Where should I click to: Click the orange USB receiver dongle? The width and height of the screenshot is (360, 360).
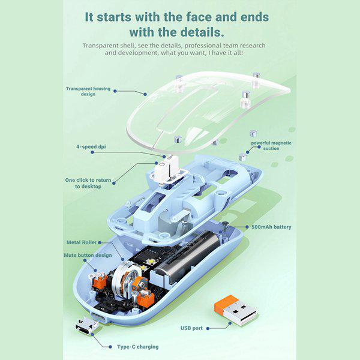235,310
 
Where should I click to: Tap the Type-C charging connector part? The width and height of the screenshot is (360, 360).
87,325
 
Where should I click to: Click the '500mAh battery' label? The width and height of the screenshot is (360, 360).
271,227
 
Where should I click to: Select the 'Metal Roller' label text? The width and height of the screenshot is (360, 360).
82,242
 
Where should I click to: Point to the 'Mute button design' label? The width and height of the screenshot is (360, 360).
88,256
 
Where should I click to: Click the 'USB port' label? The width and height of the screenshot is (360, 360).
191,328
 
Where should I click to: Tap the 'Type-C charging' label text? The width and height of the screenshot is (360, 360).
138,347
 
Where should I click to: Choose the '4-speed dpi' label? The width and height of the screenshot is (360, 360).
91,147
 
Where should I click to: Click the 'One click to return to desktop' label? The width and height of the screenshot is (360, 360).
88,183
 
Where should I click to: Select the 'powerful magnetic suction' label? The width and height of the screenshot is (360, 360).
271,146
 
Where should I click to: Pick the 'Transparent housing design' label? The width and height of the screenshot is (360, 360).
88,91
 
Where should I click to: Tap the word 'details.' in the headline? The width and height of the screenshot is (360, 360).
202,32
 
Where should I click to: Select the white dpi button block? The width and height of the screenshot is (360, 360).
164,169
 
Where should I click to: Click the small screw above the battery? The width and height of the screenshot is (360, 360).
225,226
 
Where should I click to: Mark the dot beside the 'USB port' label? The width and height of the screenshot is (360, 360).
208,329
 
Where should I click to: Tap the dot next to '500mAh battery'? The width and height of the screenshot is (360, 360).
247,227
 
